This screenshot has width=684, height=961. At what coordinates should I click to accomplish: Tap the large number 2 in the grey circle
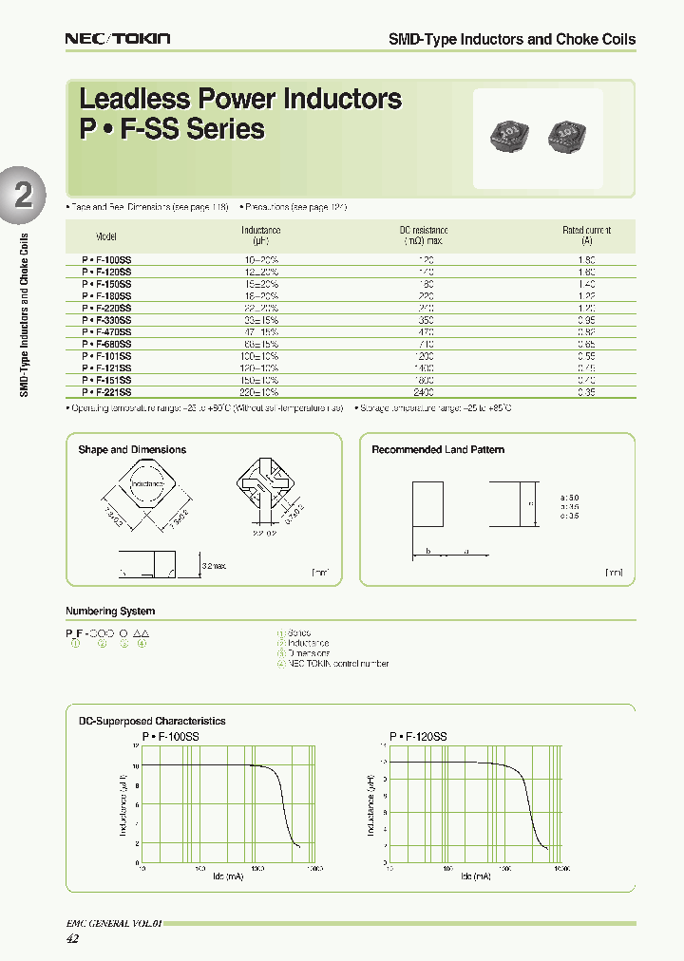(x=23, y=195)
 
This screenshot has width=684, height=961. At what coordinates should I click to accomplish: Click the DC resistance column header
(x=423, y=236)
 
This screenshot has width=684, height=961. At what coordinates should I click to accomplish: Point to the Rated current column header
(x=586, y=236)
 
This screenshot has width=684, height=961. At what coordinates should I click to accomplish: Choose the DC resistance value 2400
(x=424, y=391)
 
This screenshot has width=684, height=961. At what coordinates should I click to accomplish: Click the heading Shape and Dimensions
(x=132, y=450)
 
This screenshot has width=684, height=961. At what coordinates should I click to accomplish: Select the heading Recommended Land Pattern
(x=438, y=450)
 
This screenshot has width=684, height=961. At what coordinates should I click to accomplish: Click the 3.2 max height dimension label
(x=215, y=566)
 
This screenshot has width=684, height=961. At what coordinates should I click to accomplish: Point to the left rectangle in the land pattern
(x=427, y=502)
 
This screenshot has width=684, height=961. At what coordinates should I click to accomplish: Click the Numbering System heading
(x=110, y=612)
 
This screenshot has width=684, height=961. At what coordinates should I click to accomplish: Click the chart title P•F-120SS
(x=418, y=736)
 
